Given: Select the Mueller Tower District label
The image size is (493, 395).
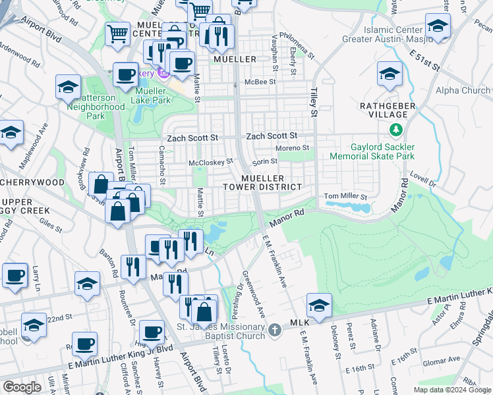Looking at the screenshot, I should coord(271,183).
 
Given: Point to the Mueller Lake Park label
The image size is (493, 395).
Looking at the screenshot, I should coord(153,95).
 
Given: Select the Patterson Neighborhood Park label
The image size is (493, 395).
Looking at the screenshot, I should coord(96,107).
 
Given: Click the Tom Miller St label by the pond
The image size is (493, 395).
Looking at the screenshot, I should coord(344,196).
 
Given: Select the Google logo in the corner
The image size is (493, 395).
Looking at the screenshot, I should coord(22,387).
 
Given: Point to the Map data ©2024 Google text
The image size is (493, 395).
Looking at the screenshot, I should coord(453,390).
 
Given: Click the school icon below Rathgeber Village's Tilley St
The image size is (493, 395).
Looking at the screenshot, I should coord(318,305).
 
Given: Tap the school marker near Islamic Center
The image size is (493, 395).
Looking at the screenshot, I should coord(437,27).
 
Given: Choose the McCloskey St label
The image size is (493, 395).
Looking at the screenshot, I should coord(211,161).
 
